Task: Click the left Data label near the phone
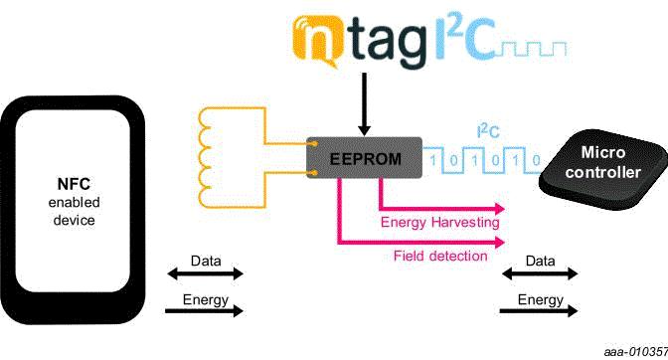pyautogui.click(x=205, y=260)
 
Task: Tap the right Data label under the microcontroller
pyautogui.click(x=540, y=260)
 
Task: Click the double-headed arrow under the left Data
pyautogui.click(x=204, y=273)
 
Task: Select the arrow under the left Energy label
pyautogui.click(x=204, y=311)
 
